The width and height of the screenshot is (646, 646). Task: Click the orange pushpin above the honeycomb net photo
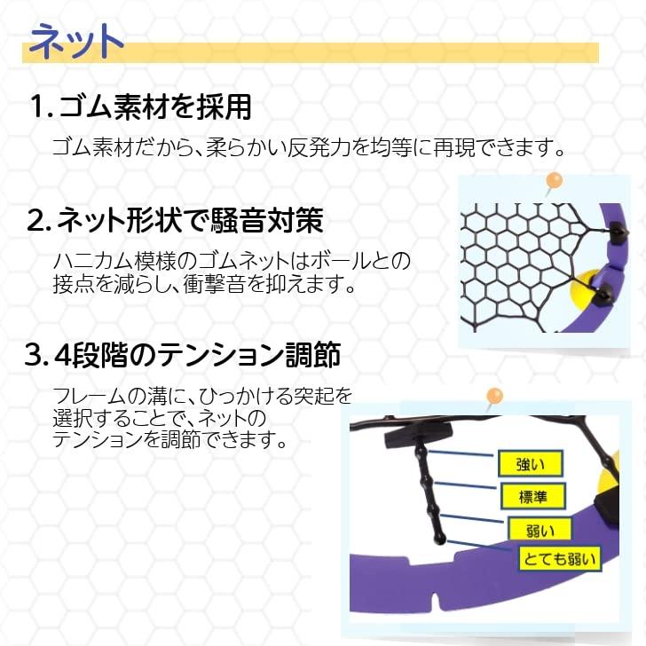click(x=555, y=180)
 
